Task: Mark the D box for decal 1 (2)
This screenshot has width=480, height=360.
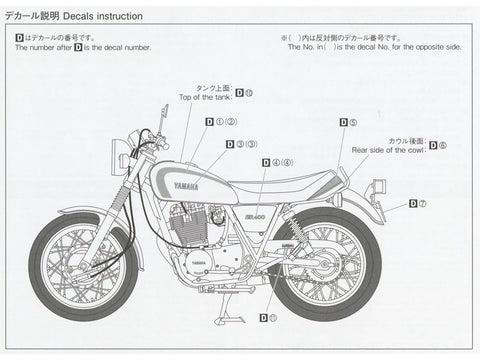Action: click(210, 122)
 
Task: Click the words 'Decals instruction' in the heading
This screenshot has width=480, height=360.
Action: click(106, 18)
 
